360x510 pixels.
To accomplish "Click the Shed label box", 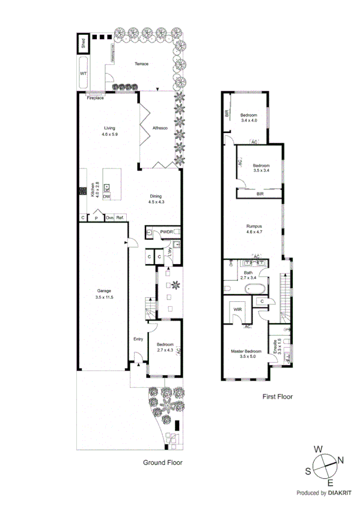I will coord(84,45).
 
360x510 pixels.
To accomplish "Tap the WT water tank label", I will coord(84,73).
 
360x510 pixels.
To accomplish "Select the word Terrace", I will coord(141,64).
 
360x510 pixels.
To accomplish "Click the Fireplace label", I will coord(95,98).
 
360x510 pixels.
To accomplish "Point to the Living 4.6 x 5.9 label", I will coord(109,131).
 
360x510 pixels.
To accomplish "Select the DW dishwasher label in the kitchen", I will coord(106,197).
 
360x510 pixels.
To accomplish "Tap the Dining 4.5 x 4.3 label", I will coord(156,199).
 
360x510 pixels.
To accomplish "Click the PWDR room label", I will coord(166,232).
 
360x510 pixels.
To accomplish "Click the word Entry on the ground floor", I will coord(138,339).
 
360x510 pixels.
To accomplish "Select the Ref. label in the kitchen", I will coord(120,218).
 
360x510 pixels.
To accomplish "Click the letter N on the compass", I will coord(340,461).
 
